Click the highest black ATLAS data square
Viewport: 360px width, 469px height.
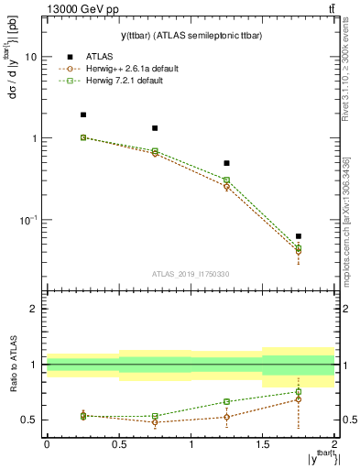(x=83, y=115)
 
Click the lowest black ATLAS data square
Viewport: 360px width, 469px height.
(x=298, y=236)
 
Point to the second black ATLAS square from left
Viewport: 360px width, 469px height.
(x=155, y=128)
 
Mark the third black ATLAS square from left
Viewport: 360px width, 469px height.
(x=226, y=163)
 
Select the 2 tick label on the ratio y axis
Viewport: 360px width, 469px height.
(x=33, y=310)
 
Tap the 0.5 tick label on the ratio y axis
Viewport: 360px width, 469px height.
(x=29, y=420)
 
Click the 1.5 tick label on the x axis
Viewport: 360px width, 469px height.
(x=262, y=444)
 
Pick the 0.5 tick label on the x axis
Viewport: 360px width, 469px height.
(x=119, y=444)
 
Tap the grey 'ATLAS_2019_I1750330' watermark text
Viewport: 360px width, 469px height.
(x=190, y=274)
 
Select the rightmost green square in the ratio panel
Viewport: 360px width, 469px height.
(x=298, y=392)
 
